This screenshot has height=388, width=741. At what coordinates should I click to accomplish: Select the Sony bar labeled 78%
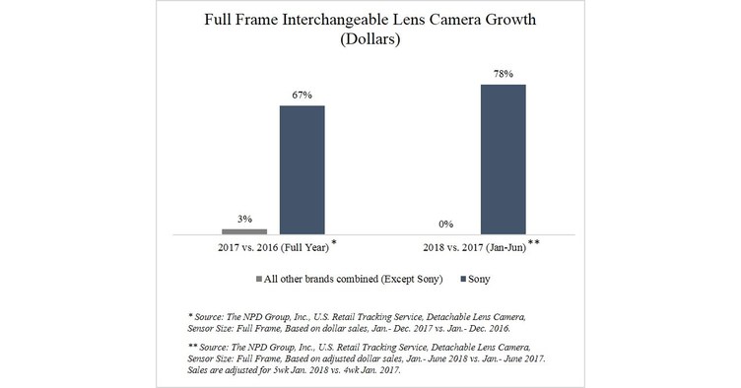[503, 160]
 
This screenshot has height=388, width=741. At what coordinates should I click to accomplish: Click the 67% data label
[303, 95]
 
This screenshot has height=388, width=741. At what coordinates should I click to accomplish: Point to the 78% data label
[503, 73]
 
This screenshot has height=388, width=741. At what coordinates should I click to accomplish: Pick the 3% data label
[244, 218]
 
